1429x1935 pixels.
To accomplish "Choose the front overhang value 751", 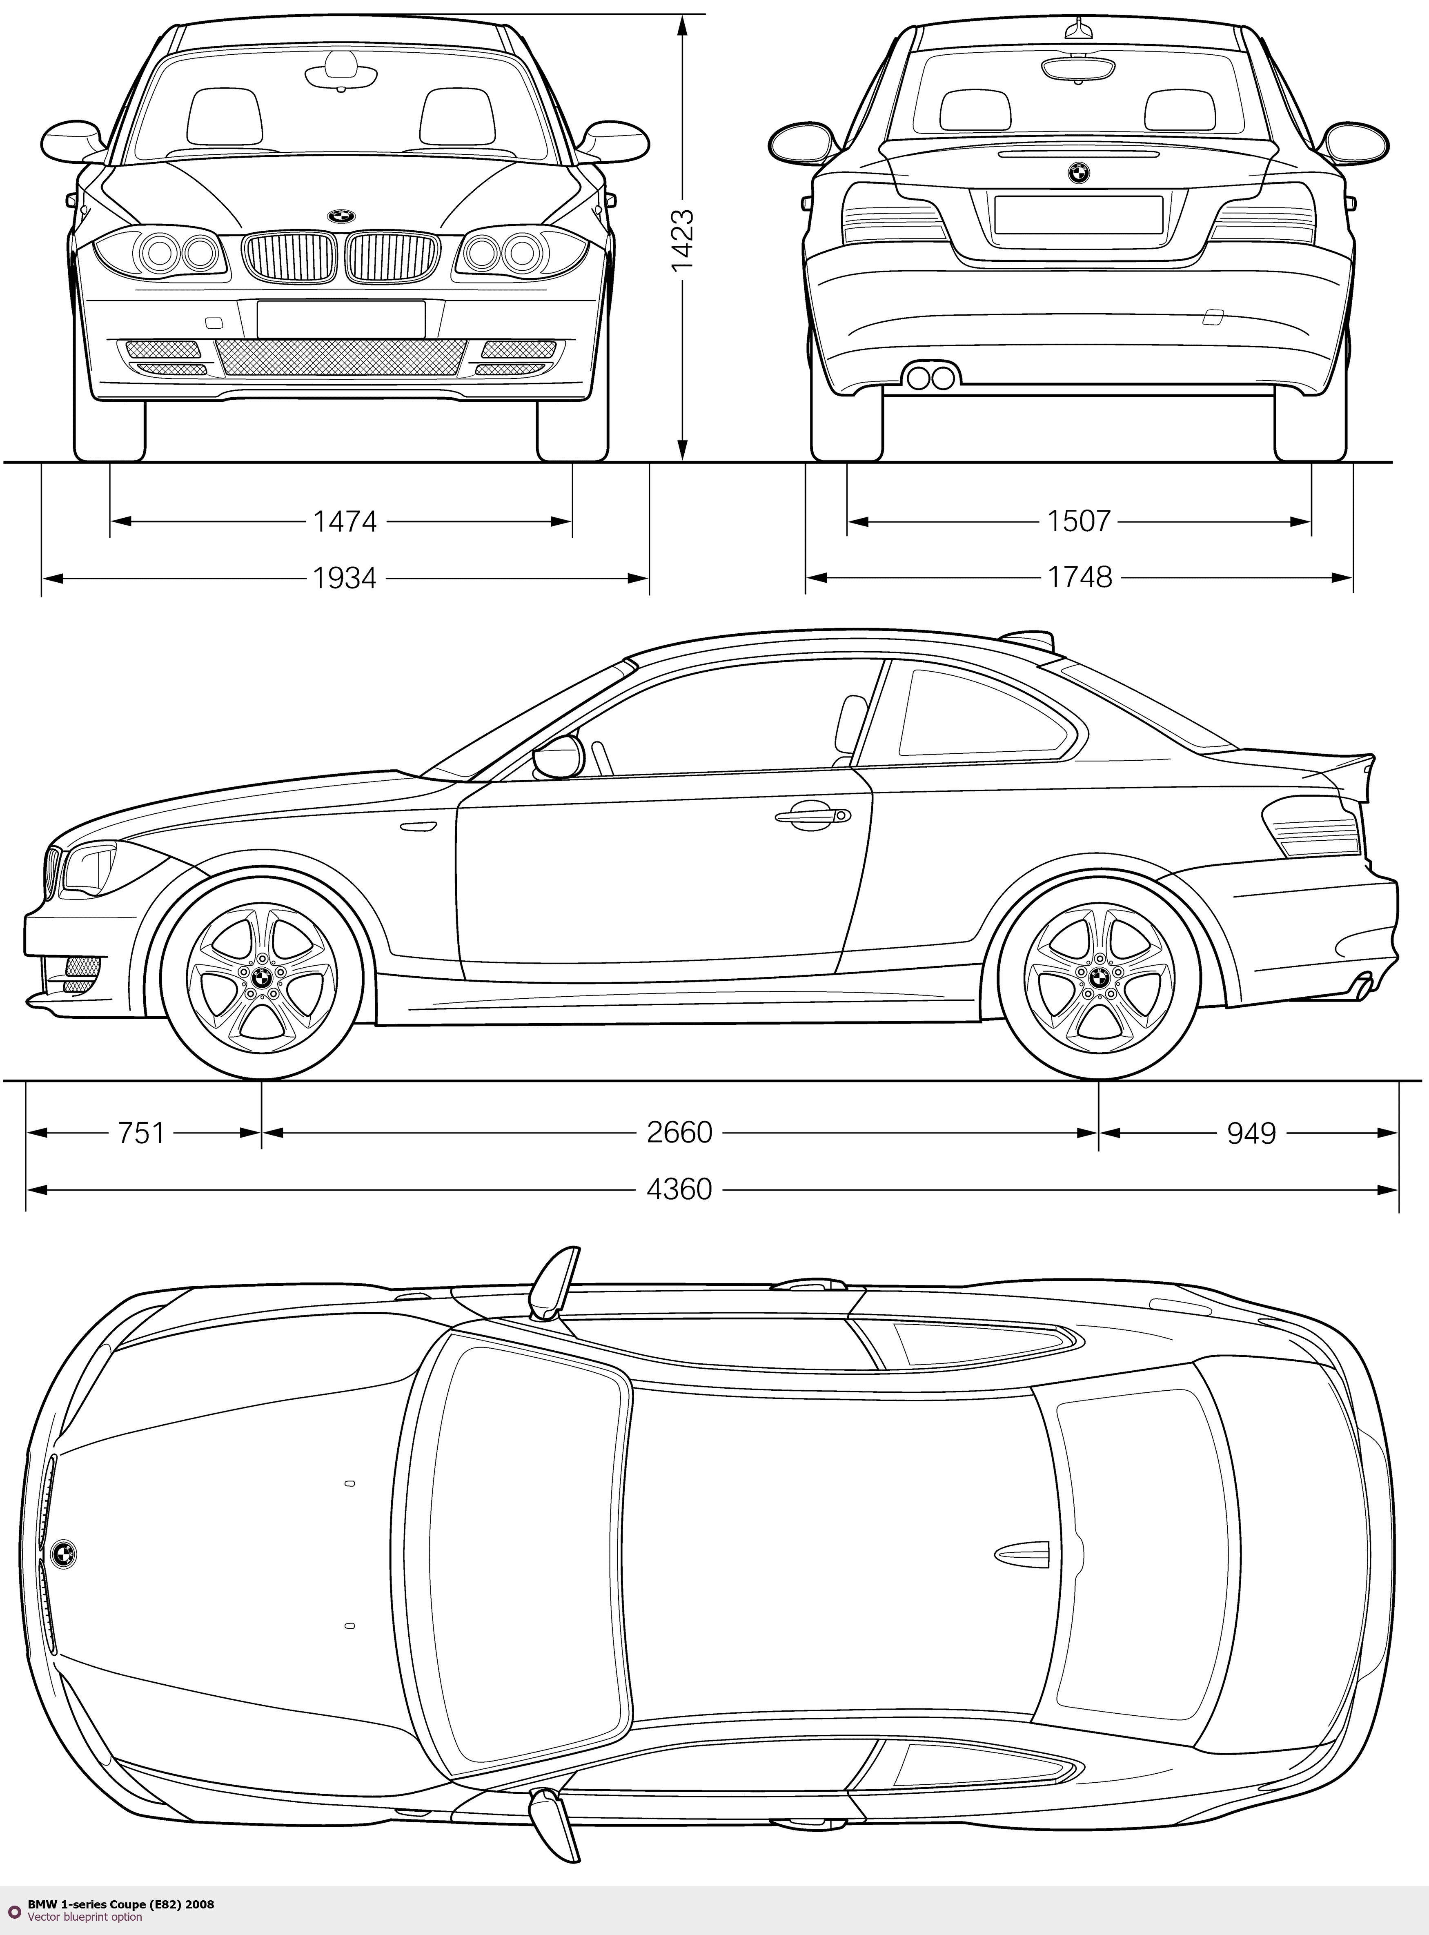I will [x=141, y=1132].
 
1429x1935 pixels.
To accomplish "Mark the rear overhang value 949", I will [x=1251, y=1132].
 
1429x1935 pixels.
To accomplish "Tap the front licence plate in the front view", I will [x=341, y=318].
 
